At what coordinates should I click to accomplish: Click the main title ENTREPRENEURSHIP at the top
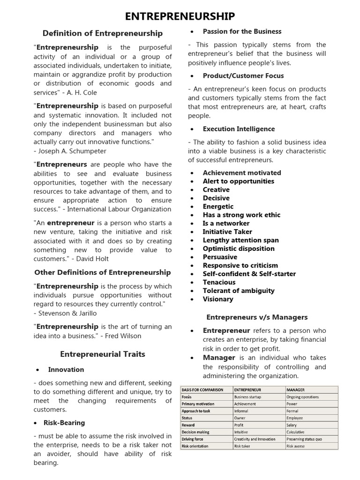[180, 16]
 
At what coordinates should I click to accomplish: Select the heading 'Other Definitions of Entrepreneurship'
[103, 272]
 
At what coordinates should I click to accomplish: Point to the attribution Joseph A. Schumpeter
[70, 151]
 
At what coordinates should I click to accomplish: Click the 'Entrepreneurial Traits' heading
[103, 354]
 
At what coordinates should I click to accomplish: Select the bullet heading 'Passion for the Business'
[242, 31]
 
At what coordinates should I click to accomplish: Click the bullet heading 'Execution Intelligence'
[239, 129]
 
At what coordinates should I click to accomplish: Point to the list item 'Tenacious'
[219, 282]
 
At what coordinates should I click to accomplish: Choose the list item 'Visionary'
[217, 299]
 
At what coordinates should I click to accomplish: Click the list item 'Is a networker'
[226, 223]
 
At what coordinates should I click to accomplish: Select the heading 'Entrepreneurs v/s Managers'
[257, 317]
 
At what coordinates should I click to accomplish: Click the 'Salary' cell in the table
[295, 425]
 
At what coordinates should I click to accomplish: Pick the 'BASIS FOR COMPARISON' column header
[202, 390]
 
